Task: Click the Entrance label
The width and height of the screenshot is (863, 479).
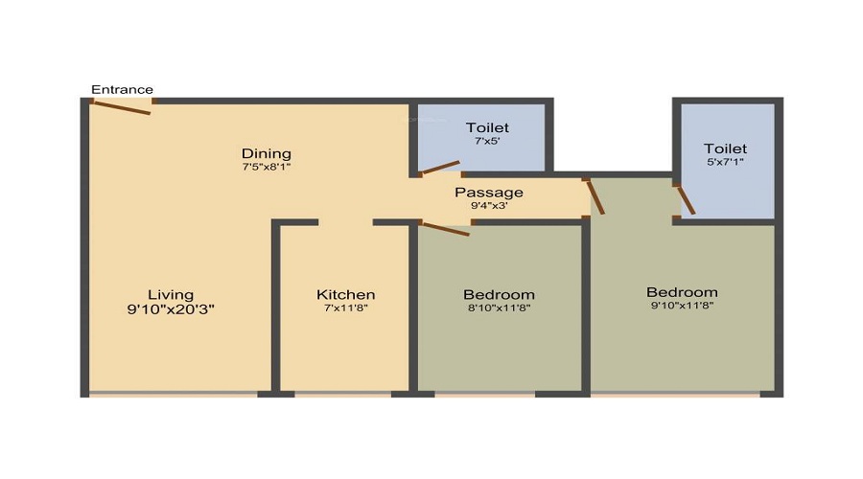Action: tap(122, 90)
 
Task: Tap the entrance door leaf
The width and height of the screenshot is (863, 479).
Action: tap(122, 107)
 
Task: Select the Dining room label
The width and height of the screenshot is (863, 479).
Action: tap(267, 153)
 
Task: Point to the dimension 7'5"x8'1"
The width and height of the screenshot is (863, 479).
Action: tap(267, 167)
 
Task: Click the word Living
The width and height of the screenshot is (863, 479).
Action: tap(171, 294)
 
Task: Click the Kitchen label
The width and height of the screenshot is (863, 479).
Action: tap(346, 294)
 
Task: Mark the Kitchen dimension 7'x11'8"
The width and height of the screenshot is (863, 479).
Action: tap(346, 308)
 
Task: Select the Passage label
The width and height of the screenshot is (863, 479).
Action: tap(489, 193)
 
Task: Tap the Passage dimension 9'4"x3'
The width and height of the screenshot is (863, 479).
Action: tap(489, 205)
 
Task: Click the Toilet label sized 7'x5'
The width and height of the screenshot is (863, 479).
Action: tap(487, 127)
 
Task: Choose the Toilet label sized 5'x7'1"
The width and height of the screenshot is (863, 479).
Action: tap(725, 148)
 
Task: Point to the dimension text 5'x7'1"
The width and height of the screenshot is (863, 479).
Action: tap(725, 162)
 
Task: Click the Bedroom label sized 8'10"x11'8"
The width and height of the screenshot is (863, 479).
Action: tap(499, 294)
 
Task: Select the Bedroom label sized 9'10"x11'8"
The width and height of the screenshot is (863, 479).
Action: tap(682, 292)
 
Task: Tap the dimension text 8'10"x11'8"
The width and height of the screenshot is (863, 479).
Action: tap(499, 308)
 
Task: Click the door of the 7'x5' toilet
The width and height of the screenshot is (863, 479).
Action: tap(440, 169)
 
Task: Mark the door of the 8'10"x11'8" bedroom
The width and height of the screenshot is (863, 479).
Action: tap(445, 228)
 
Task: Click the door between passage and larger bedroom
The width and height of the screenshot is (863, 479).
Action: tap(595, 195)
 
